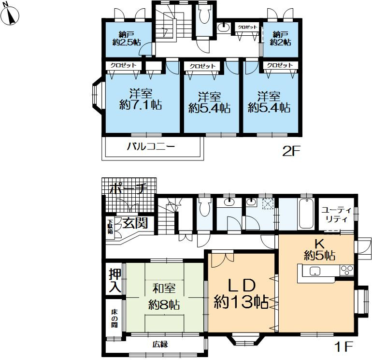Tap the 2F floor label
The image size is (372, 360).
291,151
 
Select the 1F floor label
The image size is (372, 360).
344,346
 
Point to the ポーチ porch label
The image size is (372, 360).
129,188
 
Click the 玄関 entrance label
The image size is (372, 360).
135,223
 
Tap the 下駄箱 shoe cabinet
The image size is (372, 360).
110,227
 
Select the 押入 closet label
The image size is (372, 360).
115,280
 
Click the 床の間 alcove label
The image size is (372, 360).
114,318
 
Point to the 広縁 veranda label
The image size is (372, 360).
160,344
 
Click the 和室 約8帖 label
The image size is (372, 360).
164,296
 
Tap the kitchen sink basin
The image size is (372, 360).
315,271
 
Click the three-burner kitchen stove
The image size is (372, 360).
347,271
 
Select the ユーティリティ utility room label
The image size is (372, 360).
337,215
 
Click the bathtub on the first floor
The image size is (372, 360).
306,214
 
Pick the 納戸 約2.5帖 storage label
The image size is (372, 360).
127,39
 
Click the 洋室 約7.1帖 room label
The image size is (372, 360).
141,99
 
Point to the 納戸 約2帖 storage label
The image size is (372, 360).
281,39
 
